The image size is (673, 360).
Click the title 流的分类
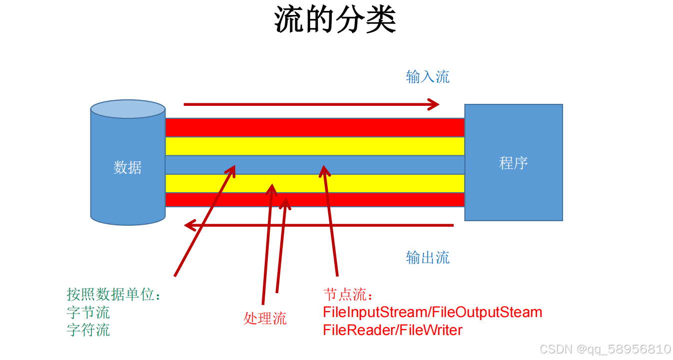point(335,20)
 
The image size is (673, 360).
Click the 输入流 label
point(428,77)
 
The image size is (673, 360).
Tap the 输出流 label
point(428,258)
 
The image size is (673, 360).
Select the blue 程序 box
point(513,163)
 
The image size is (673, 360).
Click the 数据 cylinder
point(127,167)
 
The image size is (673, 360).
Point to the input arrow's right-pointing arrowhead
point(433,104)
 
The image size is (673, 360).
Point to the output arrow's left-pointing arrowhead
point(190,226)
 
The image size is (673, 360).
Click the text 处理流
point(265,318)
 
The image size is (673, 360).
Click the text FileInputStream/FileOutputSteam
point(432,313)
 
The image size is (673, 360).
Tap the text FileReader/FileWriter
point(393,330)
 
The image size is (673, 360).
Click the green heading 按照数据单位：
point(114,295)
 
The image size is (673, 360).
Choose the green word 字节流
point(88,313)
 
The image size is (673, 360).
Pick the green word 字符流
point(88,330)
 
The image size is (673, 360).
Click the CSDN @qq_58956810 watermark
point(605,349)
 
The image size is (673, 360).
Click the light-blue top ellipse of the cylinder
point(127,109)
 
